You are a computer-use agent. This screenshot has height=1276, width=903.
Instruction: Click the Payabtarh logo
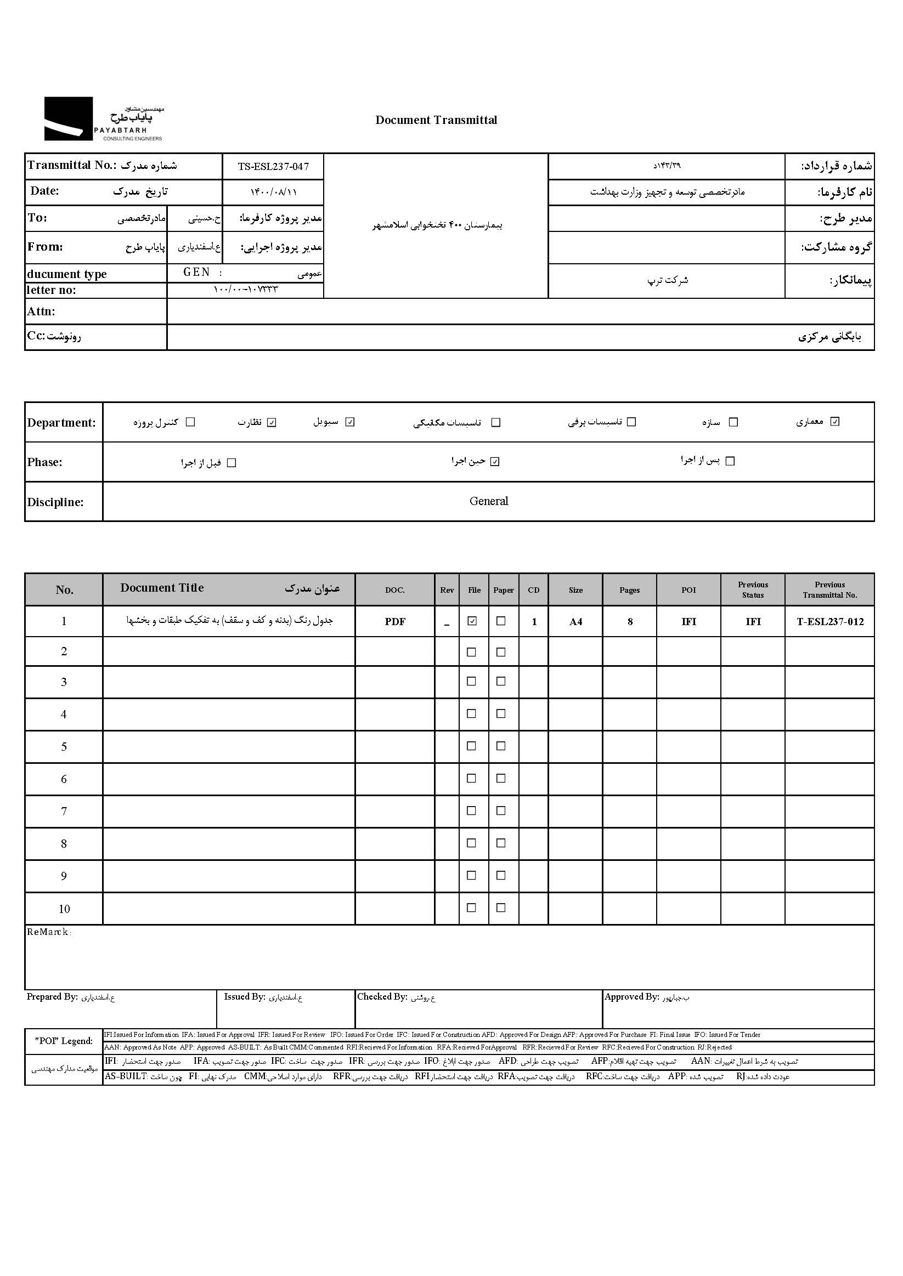point(104,119)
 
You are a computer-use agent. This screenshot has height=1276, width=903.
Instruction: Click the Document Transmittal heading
point(436,120)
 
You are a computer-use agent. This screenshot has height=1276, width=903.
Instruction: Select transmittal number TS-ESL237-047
point(273,167)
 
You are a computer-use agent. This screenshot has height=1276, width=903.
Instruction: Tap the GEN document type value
point(197,273)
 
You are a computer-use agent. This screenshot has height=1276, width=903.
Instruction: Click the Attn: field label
point(41,311)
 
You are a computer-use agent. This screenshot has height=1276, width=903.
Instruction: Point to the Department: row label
point(61,422)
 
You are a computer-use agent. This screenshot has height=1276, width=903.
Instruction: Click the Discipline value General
point(489,501)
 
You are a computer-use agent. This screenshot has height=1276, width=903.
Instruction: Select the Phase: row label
point(44,462)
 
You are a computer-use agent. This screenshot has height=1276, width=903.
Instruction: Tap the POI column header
point(688,590)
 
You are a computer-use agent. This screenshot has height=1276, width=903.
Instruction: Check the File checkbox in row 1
point(472,621)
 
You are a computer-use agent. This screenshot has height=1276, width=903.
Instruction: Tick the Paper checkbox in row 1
point(501,621)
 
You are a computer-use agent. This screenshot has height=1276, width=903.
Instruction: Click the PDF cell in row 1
point(395,622)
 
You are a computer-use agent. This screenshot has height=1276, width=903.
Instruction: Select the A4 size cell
point(575,622)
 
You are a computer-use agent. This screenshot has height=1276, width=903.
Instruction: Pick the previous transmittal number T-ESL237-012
point(829,622)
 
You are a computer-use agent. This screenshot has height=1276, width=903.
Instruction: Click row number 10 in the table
point(64,909)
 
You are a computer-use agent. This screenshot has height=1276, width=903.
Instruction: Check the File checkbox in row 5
point(471,746)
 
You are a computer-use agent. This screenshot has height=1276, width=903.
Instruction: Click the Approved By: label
point(631,997)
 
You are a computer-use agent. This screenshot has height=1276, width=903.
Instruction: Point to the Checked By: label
point(382,997)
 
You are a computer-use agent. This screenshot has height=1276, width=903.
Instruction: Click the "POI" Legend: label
point(64,1041)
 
